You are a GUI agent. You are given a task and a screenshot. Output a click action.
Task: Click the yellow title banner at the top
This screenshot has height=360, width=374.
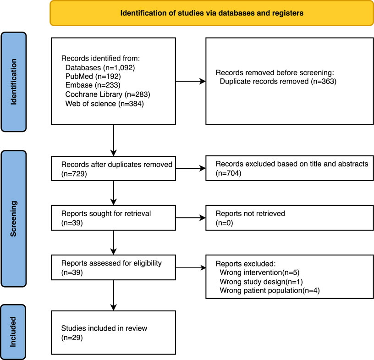(212, 13)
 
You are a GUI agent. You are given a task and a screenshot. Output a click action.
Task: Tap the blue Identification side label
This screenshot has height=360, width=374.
(14, 82)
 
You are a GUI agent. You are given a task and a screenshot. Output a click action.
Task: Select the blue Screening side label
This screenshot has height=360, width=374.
(14, 219)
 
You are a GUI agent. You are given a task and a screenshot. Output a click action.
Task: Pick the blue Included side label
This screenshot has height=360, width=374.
(13, 332)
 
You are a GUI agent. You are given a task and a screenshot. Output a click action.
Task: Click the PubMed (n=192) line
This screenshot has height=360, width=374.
(93, 77)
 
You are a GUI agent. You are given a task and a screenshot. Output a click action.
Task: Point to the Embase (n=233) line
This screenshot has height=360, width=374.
(93, 85)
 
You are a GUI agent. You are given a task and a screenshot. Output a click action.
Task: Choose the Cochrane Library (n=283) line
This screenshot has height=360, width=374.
(108, 94)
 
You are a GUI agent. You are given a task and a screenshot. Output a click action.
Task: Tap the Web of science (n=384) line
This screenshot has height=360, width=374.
(104, 104)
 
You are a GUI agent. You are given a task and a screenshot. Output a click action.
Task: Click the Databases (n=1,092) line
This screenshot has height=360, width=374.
(100, 67)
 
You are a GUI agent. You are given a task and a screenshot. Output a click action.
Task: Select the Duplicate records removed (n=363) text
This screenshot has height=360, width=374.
(278, 82)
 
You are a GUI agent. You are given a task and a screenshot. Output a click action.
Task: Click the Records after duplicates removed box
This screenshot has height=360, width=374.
(114, 169)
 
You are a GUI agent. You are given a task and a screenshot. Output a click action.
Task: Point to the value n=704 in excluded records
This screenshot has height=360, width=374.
(229, 173)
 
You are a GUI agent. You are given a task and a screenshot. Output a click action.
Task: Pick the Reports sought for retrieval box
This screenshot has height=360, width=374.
(114, 218)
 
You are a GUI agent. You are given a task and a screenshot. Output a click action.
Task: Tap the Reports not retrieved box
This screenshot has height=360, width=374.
(290, 218)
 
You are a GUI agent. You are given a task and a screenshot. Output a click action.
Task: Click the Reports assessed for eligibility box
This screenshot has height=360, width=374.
(114, 267)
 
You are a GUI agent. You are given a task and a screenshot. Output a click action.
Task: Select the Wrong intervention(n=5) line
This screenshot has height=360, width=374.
(259, 272)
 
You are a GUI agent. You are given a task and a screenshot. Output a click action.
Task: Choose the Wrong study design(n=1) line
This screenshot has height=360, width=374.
(261, 282)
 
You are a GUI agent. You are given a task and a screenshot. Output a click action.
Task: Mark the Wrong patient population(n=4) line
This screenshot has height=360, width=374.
(269, 291)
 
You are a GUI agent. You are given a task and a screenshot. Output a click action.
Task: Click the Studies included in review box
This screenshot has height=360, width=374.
(114, 332)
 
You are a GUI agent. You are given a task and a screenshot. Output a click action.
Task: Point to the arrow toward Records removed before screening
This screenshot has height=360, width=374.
(191, 82)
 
